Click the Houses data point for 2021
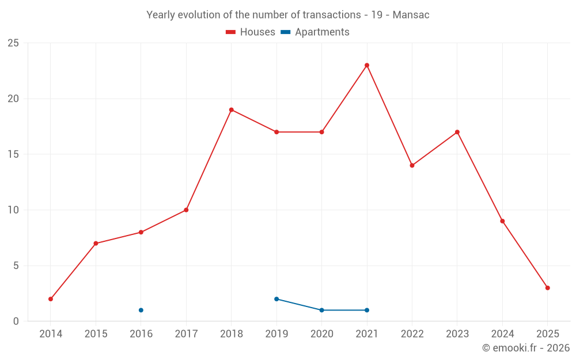coord(367,65)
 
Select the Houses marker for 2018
coord(231,109)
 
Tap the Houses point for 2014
coord(51,299)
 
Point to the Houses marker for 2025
coord(547,288)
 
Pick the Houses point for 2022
coord(412,165)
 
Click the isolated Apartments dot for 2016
coord(141,310)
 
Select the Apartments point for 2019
coord(276,299)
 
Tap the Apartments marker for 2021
coord(367,310)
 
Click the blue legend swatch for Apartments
coord(285,32)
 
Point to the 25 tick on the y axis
coord(13,43)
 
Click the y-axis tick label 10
coord(13,210)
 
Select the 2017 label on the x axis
coord(186,334)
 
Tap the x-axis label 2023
coord(457,334)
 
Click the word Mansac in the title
coord(411,15)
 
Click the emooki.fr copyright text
coord(525,348)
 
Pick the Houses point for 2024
coord(502,221)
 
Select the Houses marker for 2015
coord(96,243)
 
